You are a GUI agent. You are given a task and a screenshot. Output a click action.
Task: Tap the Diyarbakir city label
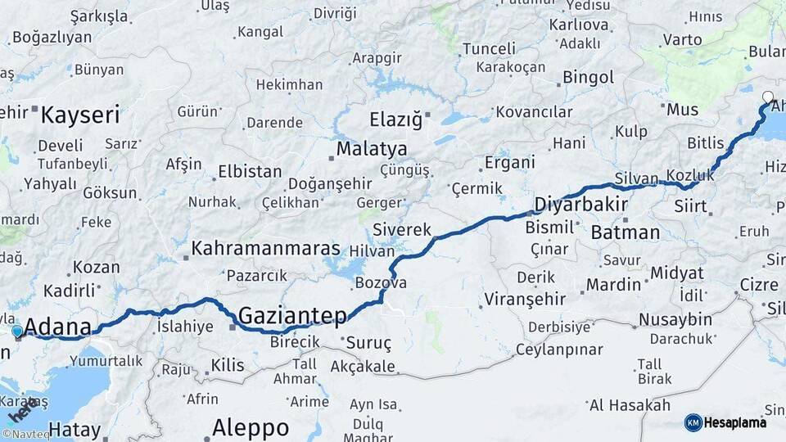tap(580, 204)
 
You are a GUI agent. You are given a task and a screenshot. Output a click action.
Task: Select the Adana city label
tap(57, 327)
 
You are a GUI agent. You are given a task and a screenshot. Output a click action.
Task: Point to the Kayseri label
tap(80, 114)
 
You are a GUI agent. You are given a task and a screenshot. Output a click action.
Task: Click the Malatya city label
tap(371, 150)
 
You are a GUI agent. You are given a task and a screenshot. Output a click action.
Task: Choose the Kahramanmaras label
tap(265, 248)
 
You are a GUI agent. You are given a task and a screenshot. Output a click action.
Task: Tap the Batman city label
tap(625, 232)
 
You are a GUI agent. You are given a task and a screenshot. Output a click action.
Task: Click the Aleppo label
tap(251, 427)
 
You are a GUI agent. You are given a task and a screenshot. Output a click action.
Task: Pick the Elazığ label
tap(395, 120)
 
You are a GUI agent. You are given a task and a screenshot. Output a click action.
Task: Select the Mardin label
tap(613, 285)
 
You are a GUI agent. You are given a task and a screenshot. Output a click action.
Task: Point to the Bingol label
tap(588, 78)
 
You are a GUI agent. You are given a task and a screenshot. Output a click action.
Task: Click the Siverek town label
tap(400, 229)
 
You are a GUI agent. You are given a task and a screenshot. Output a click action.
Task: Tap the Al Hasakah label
tap(629, 404)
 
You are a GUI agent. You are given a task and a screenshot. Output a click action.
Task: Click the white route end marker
tap(767, 97)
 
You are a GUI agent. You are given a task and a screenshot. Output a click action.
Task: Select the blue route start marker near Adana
tap(17, 331)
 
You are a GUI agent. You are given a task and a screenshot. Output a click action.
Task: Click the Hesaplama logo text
tap(737, 422)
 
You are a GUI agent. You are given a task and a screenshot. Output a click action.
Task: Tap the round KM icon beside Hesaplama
tap(693, 422)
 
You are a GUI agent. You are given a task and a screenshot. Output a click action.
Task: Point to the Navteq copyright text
tap(26, 435)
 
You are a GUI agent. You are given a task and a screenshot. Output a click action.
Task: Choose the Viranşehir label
tap(524, 299)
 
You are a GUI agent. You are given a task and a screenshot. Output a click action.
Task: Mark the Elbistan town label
tap(249, 173)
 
